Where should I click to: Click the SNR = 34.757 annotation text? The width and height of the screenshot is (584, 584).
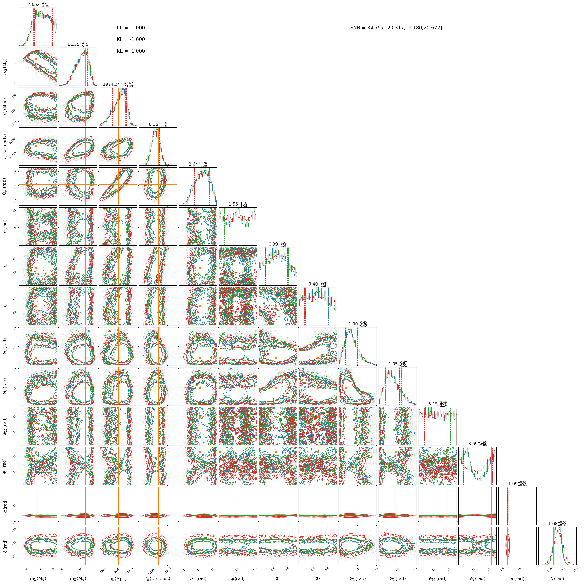point(396,28)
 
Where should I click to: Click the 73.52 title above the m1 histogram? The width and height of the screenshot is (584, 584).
point(38,5)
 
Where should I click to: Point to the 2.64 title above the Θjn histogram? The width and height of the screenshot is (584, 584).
point(198,164)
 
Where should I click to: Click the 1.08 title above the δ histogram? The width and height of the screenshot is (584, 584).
point(557,524)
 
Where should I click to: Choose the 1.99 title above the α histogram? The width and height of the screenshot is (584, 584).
point(517,484)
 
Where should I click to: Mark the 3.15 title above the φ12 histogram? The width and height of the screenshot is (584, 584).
point(437,404)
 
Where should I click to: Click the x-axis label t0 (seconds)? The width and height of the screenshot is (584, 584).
point(158,578)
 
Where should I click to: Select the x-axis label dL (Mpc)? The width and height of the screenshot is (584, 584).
point(118,578)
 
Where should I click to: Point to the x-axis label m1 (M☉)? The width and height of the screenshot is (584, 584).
point(38,578)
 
